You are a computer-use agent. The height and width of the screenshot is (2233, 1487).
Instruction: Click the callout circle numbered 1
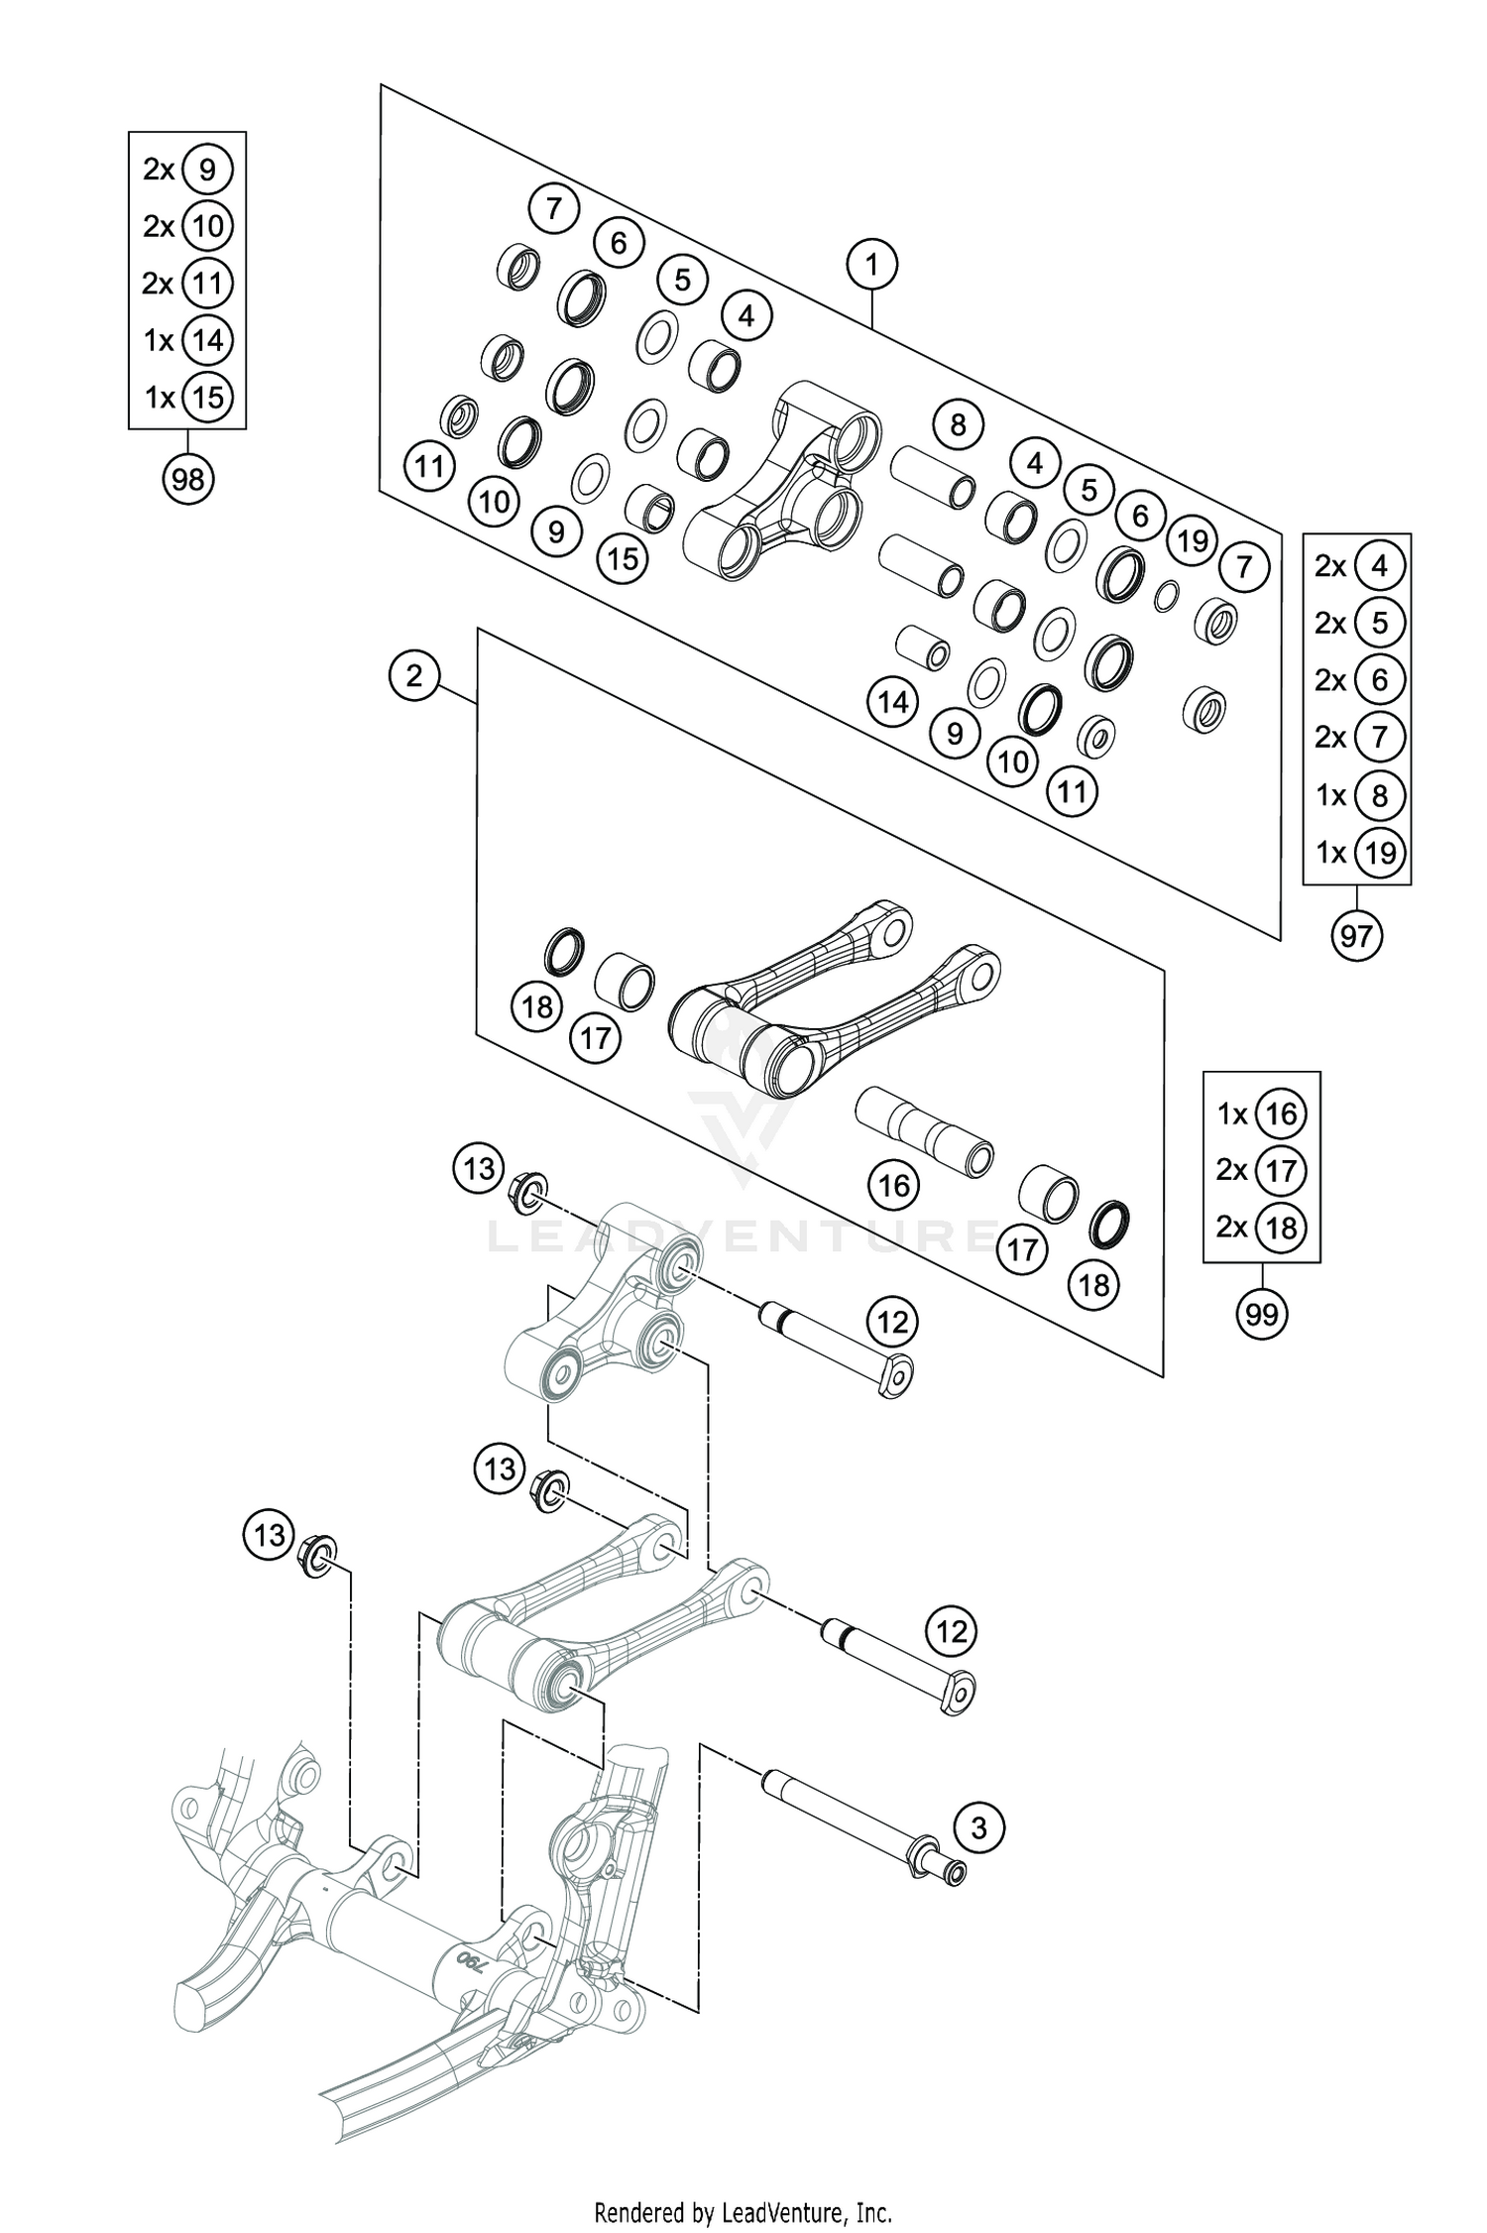point(872,265)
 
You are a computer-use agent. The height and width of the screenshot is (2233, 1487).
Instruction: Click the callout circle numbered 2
point(414,676)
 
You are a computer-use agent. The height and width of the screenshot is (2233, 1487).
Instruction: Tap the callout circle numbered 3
point(979,1826)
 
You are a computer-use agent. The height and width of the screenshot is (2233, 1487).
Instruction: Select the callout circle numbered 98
point(187,480)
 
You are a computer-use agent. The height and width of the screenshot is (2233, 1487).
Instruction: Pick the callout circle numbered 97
point(1356,935)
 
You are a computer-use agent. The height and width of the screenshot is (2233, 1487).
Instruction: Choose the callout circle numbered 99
point(1261,1314)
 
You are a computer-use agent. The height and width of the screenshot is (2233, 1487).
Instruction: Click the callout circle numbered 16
point(894,1185)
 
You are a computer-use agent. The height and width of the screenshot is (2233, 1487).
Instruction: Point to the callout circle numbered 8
point(958,425)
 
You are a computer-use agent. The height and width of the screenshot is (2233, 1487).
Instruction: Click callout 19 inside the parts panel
point(1193,540)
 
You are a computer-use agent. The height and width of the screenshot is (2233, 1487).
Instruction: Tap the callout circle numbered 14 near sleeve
point(892,703)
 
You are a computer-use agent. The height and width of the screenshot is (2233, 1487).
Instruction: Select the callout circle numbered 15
point(623,559)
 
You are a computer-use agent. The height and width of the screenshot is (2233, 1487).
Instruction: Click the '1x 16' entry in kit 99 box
point(1261,1114)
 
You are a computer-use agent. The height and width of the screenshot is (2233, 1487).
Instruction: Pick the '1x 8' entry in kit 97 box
point(1355,795)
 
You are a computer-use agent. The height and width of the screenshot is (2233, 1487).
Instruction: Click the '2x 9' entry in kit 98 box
point(186,170)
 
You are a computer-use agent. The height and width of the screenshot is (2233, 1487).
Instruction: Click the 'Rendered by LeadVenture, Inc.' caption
point(743,2203)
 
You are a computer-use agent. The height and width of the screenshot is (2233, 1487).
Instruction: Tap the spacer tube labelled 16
point(924,1131)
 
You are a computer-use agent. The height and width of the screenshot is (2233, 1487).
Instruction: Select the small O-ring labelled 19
point(1167,595)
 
